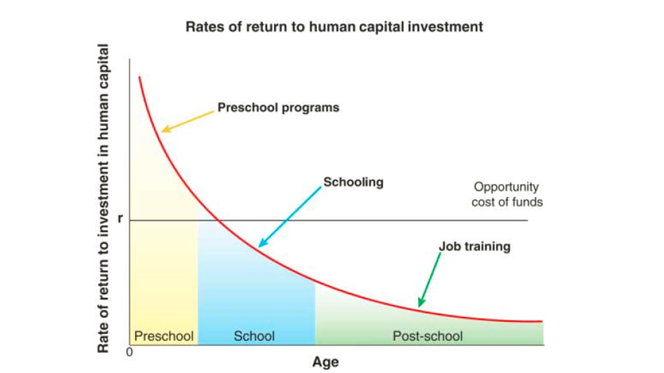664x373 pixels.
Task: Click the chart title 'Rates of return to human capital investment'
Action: [334, 27]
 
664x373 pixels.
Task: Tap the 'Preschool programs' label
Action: [279, 108]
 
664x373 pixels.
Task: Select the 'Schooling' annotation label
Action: [353, 182]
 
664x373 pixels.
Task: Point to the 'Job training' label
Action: [475, 247]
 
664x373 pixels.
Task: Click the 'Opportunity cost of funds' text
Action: [507, 194]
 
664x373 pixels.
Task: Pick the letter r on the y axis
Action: [120, 219]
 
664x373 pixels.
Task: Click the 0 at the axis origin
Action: [129, 352]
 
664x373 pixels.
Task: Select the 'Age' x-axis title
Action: [325, 362]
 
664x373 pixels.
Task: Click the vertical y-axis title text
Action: [103, 198]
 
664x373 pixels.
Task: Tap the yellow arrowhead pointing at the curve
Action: [165, 129]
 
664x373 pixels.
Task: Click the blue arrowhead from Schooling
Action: [262, 243]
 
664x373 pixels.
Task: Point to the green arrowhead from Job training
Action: [421, 303]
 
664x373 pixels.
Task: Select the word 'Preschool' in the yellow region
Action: [164, 336]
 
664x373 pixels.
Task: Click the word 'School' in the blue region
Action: [254, 336]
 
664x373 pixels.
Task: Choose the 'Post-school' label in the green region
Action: [427, 336]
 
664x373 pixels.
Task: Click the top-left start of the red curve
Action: [140, 77]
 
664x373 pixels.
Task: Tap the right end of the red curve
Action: [542, 321]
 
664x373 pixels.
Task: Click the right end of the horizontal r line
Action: [528, 220]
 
